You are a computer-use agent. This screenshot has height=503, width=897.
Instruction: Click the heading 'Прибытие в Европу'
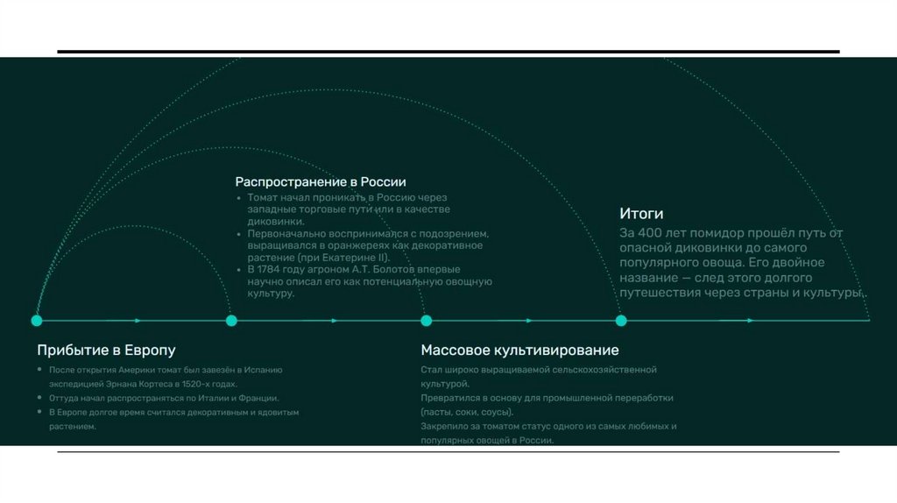(106, 351)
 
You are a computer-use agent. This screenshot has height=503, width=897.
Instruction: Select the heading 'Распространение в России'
(321, 181)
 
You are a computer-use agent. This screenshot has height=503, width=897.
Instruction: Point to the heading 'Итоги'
(641, 214)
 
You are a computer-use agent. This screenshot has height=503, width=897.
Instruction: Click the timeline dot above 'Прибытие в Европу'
(37, 321)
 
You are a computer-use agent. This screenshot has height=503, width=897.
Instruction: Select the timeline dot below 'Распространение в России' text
(231, 321)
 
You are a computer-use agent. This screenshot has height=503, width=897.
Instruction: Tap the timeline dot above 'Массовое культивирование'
(426, 321)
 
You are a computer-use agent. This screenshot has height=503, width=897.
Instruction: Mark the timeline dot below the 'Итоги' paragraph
(621, 321)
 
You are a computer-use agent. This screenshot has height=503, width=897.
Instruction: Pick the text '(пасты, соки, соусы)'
(467, 412)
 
